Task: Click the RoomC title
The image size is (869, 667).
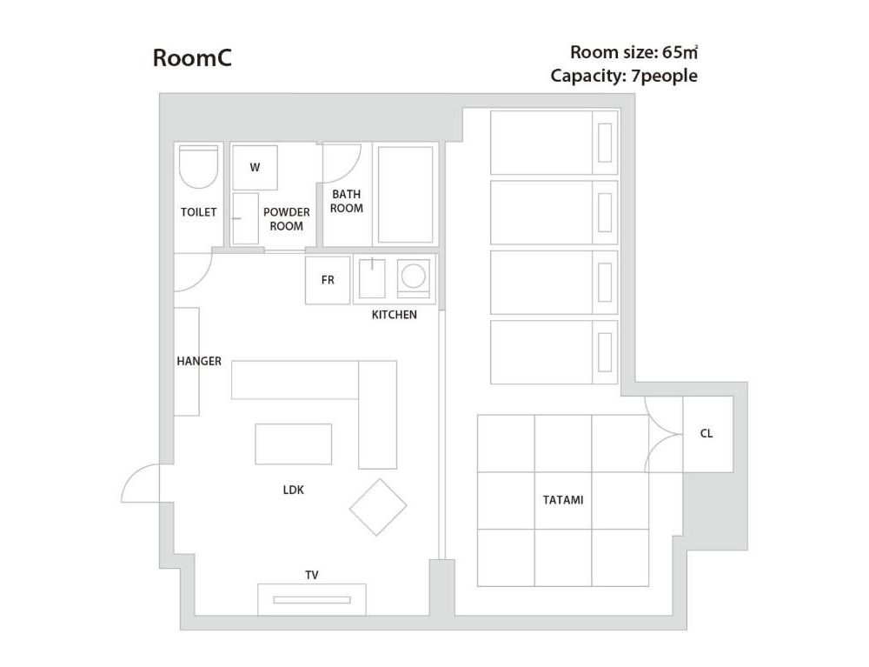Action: click(x=191, y=58)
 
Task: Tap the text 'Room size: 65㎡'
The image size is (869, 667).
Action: click(x=634, y=51)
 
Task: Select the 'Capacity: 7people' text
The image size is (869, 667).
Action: click(x=623, y=76)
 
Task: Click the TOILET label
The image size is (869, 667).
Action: click(x=198, y=212)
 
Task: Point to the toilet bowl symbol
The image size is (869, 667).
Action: click(x=198, y=167)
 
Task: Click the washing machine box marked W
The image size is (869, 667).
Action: click(x=255, y=167)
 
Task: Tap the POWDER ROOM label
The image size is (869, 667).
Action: click(x=286, y=219)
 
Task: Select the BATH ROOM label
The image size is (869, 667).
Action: click(x=346, y=201)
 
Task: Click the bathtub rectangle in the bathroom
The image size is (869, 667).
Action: click(x=406, y=195)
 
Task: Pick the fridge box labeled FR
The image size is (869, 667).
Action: click(x=328, y=280)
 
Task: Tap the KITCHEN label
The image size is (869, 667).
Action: click(x=394, y=315)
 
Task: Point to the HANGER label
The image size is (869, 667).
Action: click(x=199, y=361)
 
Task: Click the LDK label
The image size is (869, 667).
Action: click(x=293, y=490)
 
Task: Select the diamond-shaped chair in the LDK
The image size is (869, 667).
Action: click(x=378, y=507)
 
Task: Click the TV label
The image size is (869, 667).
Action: click(x=311, y=575)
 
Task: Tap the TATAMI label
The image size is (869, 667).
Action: click(x=562, y=500)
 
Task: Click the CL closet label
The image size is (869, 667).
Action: click(x=706, y=433)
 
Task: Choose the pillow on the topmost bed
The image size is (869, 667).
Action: click(x=605, y=143)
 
